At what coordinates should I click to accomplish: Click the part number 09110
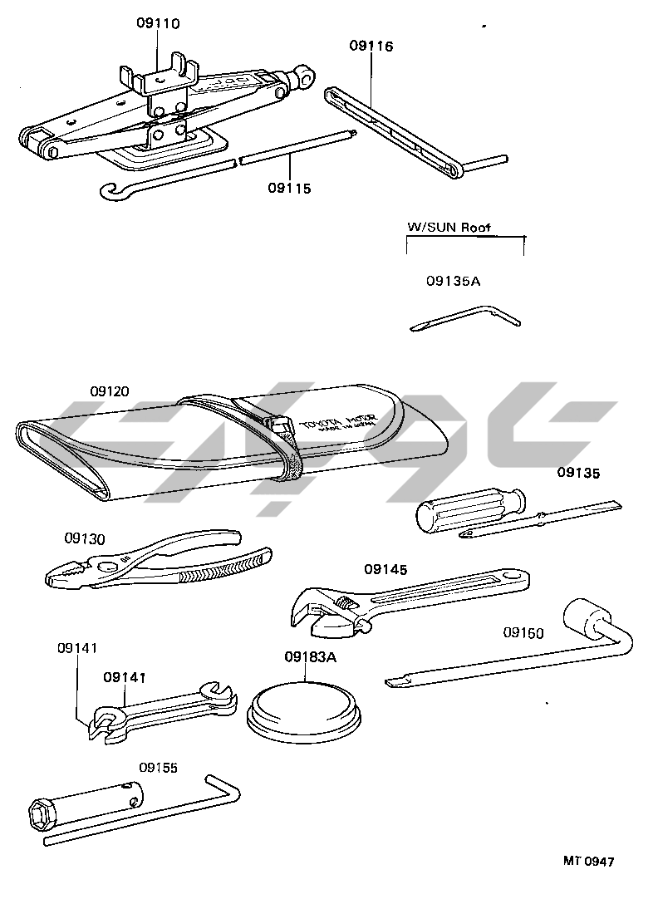pos(158,23)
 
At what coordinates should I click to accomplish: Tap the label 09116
pos(371,46)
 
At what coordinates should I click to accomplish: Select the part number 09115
pos(289,189)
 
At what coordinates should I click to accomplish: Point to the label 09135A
pos(453,281)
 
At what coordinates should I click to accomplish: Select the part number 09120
pos(110,391)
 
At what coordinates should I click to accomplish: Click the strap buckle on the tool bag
pos(279,425)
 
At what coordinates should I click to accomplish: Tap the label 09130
pos(86,538)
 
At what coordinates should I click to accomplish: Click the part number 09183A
pos(310,656)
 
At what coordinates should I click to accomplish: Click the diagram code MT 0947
pos(588,862)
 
